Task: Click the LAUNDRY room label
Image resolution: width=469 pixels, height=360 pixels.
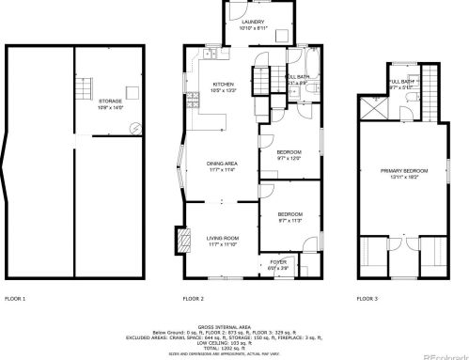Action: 253,22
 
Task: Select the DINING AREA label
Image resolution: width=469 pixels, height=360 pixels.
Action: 222,164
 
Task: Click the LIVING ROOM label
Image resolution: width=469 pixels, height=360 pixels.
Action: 223,238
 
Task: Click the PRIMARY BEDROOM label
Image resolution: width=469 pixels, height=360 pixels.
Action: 403,170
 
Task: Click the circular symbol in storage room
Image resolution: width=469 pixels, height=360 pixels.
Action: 135,128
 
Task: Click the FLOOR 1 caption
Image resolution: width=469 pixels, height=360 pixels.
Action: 15,298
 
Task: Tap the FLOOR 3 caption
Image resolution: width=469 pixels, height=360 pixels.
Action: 367,298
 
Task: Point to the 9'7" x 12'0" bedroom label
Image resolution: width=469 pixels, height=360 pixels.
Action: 289,154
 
